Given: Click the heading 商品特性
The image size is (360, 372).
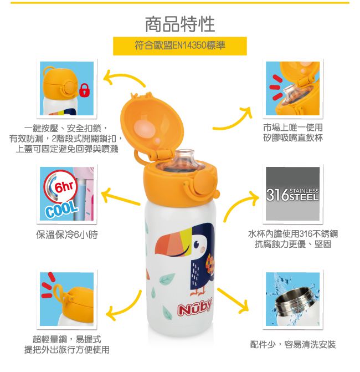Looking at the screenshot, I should (179, 23).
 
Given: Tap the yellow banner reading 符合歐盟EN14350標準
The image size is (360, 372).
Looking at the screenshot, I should (179, 46).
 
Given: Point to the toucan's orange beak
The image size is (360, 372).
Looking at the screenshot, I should (169, 244).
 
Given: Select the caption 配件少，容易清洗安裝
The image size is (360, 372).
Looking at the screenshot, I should (293, 344).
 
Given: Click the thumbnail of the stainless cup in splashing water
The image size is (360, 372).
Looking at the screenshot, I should (292, 299).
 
